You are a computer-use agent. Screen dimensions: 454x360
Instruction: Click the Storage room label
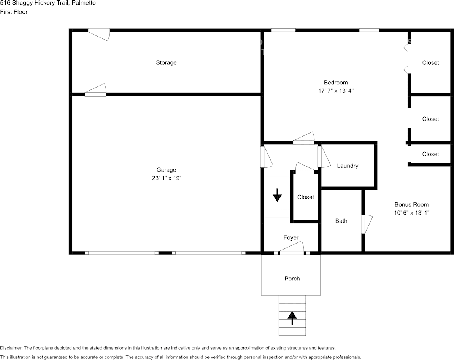(x=166, y=63)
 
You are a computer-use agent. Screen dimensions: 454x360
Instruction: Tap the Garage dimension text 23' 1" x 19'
(x=166, y=178)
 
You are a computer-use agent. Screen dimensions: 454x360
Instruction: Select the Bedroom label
(x=336, y=83)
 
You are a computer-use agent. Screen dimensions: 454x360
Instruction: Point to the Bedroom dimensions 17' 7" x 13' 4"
(x=336, y=91)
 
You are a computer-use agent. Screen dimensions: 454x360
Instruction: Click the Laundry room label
(x=348, y=166)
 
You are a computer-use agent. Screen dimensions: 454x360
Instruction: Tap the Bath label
(x=341, y=221)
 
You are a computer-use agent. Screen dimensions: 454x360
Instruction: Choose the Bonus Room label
(x=411, y=204)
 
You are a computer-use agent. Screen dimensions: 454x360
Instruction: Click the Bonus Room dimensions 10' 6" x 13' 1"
(x=411, y=212)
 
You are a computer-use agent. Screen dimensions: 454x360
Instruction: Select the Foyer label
(x=291, y=238)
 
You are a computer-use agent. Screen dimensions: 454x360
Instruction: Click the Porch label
(x=292, y=279)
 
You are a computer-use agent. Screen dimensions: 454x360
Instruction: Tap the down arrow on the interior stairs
(x=277, y=195)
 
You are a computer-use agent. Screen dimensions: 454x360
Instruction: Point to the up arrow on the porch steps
(x=292, y=318)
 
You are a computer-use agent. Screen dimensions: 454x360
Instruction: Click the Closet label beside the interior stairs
(x=305, y=197)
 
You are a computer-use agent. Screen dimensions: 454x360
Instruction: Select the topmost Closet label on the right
(x=430, y=63)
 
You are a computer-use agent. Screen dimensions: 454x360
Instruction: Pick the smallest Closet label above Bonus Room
(x=430, y=154)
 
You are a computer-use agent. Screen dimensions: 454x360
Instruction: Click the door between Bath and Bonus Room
(x=366, y=224)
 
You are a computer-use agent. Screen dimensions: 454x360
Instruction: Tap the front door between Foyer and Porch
(x=292, y=248)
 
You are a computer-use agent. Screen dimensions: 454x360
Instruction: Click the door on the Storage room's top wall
(x=99, y=34)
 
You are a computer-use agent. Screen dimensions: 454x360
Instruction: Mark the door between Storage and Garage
(x=95, y=90)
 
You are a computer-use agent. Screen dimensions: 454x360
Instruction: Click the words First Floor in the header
(x=14, y=12)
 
